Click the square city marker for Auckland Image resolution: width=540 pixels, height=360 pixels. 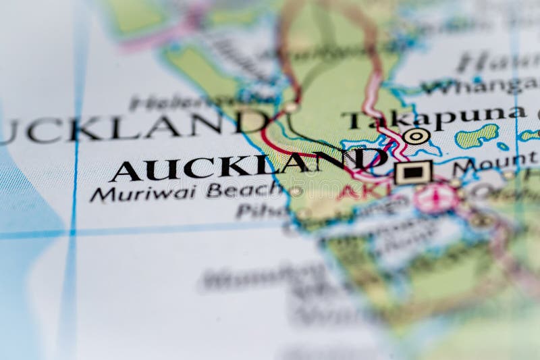413,172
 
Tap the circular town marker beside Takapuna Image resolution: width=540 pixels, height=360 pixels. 416,136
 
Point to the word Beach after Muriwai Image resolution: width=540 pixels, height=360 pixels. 244,189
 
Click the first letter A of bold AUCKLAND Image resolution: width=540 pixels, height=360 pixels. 124,172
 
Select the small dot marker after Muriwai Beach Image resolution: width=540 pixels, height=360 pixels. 296,191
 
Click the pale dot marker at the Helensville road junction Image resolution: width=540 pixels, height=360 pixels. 290,107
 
